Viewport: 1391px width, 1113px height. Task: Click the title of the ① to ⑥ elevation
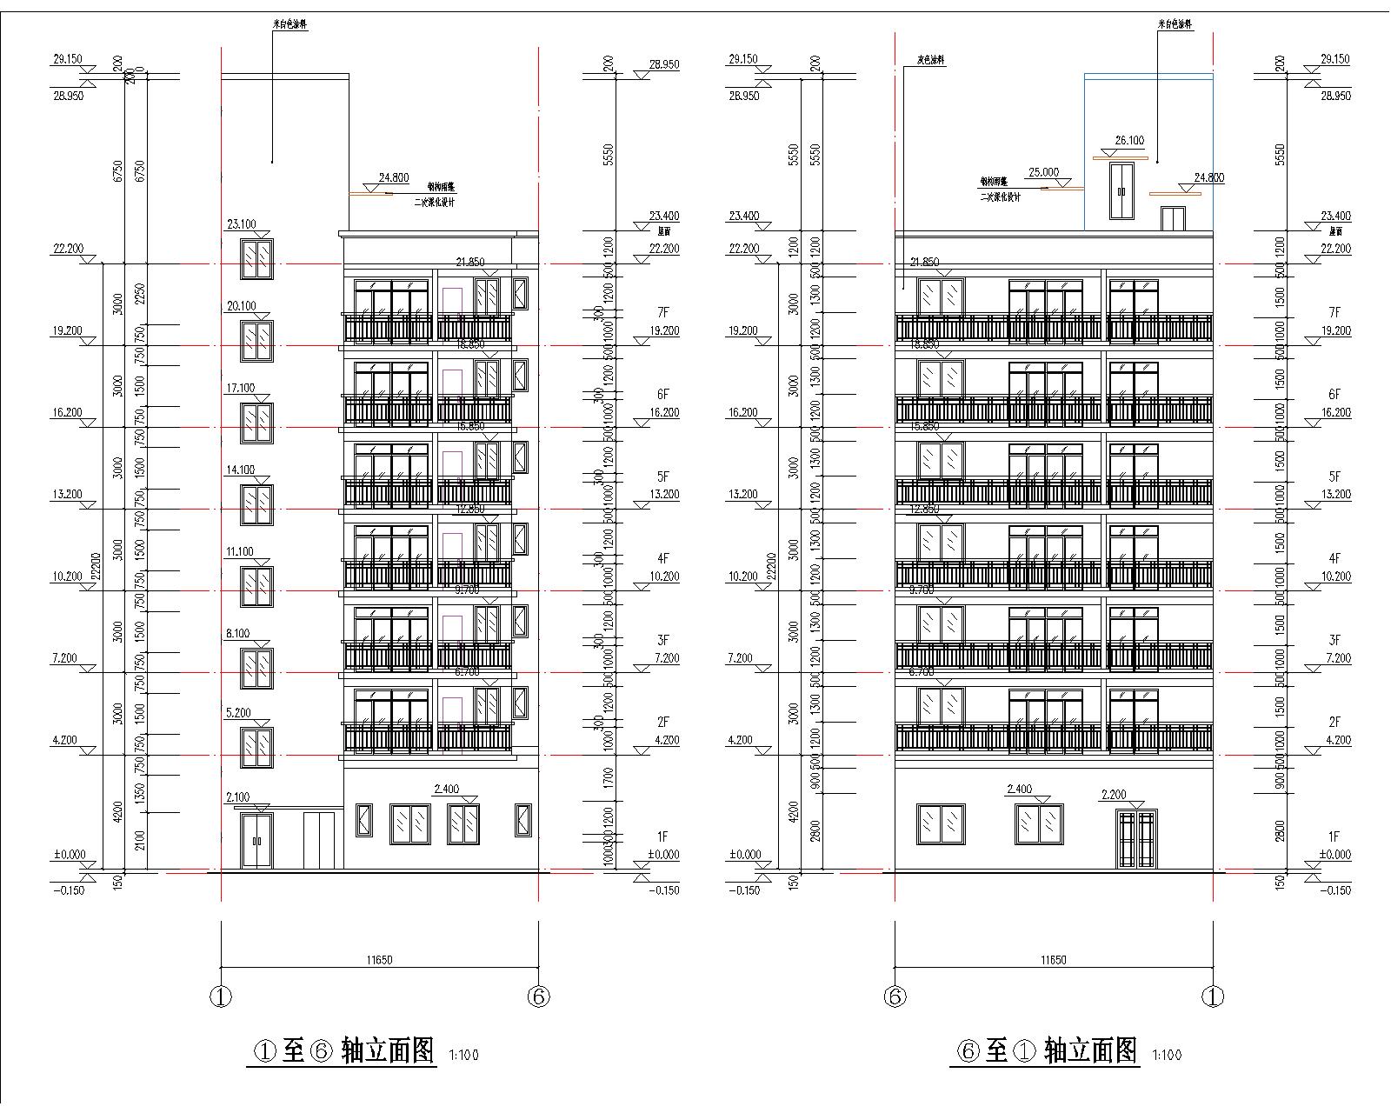(343, 1051)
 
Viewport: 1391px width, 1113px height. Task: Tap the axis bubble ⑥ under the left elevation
(538, 997)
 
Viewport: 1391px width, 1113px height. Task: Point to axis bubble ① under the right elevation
(1213, 997)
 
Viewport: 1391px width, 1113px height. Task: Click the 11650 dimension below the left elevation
(379, 960)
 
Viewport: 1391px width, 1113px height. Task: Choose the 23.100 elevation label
(241, 224)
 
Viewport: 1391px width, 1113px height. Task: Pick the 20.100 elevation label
(241, 306)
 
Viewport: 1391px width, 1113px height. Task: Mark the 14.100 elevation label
(241, 470)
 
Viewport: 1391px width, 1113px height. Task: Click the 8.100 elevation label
(237, 634)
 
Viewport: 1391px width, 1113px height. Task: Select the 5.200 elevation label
(237, 713)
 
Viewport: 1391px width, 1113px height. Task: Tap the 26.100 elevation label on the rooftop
(1129, 140)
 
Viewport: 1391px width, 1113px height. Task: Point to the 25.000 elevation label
(1043, 172)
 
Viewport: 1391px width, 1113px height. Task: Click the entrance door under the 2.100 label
(256, 840)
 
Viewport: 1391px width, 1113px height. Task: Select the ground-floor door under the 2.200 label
(1137, 839)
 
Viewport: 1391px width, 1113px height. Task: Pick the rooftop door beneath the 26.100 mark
(1122, 190)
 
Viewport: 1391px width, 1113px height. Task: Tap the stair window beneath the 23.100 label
(256, 259)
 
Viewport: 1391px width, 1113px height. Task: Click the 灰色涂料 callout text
(930, 61)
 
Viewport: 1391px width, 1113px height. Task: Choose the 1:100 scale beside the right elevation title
(1167, 1056)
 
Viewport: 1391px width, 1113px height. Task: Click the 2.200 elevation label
(1114, 795)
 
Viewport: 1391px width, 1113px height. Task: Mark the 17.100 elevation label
(241, 389)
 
